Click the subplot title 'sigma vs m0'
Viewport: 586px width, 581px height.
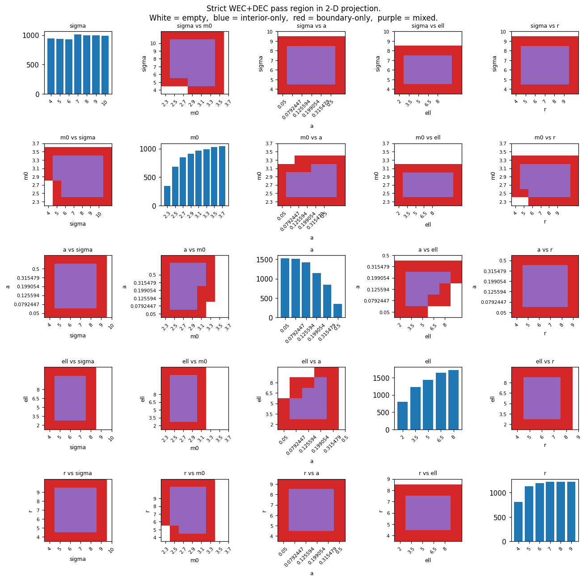pyautogui.click(x=194, y=26)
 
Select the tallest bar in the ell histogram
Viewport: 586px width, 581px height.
pyautogui.click(x=453, y=400)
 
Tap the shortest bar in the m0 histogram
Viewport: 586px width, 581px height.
pyautogui.click(x=167, y=196)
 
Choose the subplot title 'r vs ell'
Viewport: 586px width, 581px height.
pyautogui.click(x=428, y=473)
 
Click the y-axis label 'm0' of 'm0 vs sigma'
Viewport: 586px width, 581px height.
pyautogui.click(x=26, y=175)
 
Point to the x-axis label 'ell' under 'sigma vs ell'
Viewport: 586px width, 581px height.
pyautogui.click(x=428, y=113)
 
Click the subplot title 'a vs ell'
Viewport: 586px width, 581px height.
pyautogui.click(x=428, y=250)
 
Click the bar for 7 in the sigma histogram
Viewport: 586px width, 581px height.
pyautogui.click(x=78, y=64)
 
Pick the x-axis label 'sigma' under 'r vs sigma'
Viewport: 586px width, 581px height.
pyautogui.click(x=78, y=559)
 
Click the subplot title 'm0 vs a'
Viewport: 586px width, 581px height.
pyautogui.click(x=311, y=138)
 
